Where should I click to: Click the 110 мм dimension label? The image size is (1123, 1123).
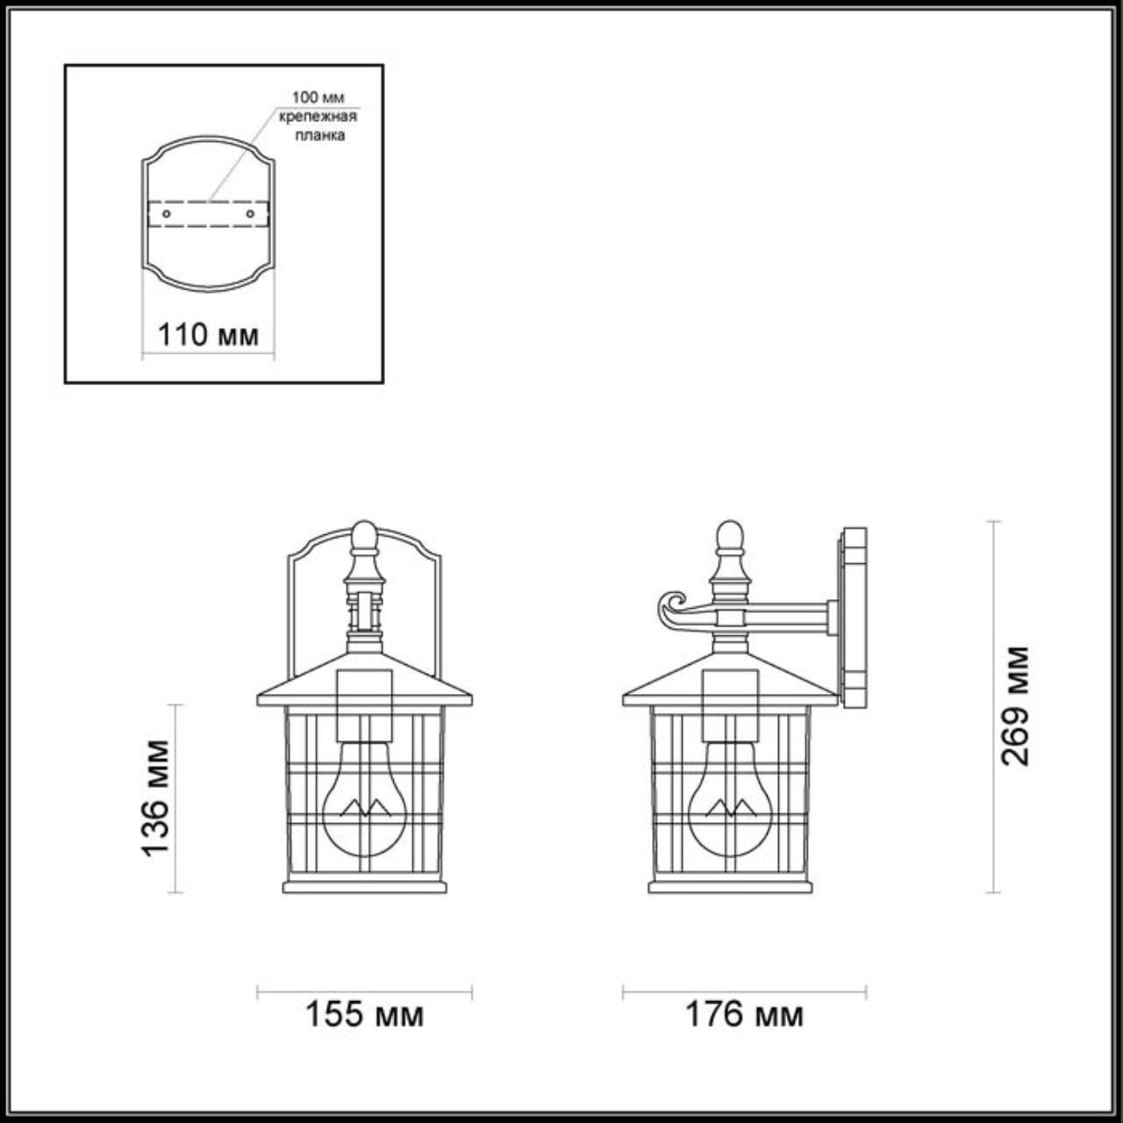(x=208, y=334)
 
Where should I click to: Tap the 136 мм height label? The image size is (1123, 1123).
(x=155, y=798)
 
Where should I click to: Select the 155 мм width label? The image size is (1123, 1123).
(x=364, y=1014)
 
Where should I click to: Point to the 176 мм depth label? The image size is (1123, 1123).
(x=744, y=1014)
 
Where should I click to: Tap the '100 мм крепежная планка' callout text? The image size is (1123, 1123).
(x=318, y=116)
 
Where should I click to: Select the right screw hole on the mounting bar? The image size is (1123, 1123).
(x=251, y=213)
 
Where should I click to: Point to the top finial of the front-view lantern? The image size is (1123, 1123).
(x=364, y=537)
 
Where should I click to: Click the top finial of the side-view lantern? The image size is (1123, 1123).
(x=729, y=537)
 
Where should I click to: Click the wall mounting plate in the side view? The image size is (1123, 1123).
(x=853, y=616)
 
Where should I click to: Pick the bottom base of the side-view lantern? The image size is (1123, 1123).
(x=729, y=886)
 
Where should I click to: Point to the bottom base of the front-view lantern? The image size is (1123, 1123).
(x=364, y=886)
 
